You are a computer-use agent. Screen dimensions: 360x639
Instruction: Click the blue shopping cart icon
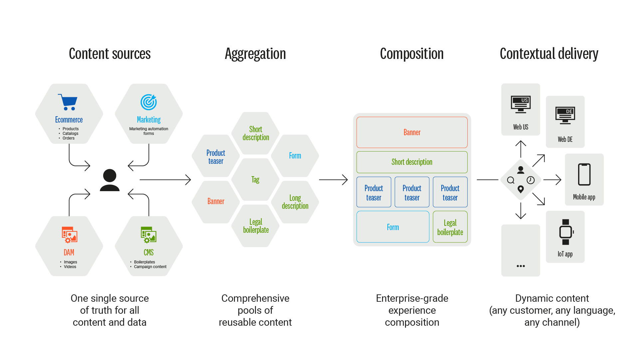click(68, 102)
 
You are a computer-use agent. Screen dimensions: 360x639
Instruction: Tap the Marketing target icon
click(148, 102)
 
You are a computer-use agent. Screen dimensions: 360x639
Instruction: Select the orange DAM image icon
click(69, 235)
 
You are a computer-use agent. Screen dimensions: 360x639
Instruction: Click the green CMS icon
click(148, 235)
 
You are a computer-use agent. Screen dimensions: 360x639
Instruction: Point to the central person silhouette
click(109, 180)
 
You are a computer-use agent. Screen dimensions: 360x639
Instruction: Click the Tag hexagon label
click(255, 180)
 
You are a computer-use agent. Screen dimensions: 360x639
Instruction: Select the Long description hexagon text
click(295, 202)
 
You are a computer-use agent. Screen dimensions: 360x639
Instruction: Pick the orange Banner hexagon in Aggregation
click(216, 201)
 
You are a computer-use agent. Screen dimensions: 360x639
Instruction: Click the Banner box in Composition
click(412, 132)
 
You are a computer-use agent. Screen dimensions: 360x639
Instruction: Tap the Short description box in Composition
click(412, 162)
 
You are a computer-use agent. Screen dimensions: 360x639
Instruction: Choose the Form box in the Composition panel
click(393, 227)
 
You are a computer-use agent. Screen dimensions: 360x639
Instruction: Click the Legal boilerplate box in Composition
click(450, 227)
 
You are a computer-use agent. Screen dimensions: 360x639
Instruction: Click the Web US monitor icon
click(521, 104)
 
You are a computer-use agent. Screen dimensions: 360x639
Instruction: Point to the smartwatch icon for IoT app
click(565, 232)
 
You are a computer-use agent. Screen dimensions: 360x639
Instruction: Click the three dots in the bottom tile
click(521, 266)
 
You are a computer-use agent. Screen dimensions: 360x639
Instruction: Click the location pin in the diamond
click(521, 189)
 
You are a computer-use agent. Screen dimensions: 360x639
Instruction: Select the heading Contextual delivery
click(549, 54)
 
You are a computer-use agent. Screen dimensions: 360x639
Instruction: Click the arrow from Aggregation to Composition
click(333, 180)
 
